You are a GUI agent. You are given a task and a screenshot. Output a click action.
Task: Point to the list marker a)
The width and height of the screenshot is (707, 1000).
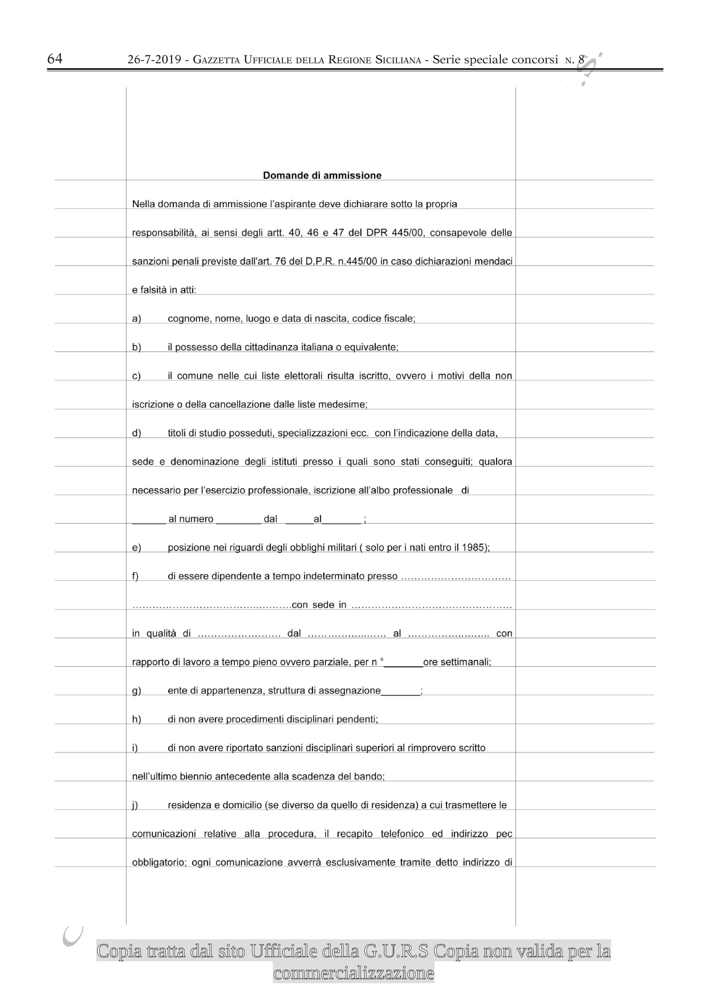pyautogui.click(x=136, y=319)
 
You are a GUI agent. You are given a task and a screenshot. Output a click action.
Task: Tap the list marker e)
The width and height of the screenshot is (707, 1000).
pyautogui.click(x=136, y=548)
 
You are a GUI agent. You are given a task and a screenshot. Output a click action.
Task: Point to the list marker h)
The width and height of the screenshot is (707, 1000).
pyautogui.click(x=136, y=719)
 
